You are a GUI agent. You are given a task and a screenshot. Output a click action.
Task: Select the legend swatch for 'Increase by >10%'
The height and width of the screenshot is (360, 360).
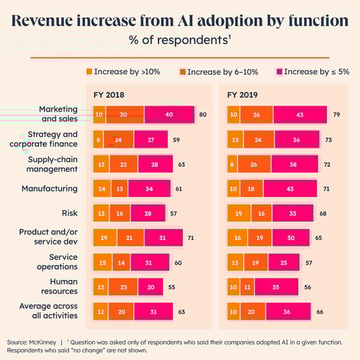[x=90, y=71]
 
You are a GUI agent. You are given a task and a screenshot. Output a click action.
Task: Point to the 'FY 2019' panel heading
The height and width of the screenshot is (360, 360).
[x=242, y=95]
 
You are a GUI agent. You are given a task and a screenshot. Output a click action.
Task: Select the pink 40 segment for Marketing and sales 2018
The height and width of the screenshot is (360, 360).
[x=169, y=115]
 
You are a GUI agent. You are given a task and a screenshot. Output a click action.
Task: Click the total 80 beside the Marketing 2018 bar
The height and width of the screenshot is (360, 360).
[x=203, y=115]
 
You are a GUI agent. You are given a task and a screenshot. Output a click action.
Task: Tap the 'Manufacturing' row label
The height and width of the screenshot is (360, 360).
[x=50, y=188]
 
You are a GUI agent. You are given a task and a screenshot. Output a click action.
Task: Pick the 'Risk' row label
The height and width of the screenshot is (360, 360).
[x=70, y=213]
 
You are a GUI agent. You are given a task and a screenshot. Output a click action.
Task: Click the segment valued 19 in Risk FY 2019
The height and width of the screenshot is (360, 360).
[x=239, y=213]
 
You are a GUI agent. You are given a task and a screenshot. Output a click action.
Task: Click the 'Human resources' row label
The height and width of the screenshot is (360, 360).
[x=59, y=286]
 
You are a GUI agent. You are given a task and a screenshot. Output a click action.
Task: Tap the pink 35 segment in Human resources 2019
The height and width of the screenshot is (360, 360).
[x=276, y=287]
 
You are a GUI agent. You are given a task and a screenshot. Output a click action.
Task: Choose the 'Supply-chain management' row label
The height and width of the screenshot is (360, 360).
[x=53, y=164]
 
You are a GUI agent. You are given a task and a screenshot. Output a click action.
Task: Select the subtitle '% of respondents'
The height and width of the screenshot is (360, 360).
[x=179, y=41]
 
